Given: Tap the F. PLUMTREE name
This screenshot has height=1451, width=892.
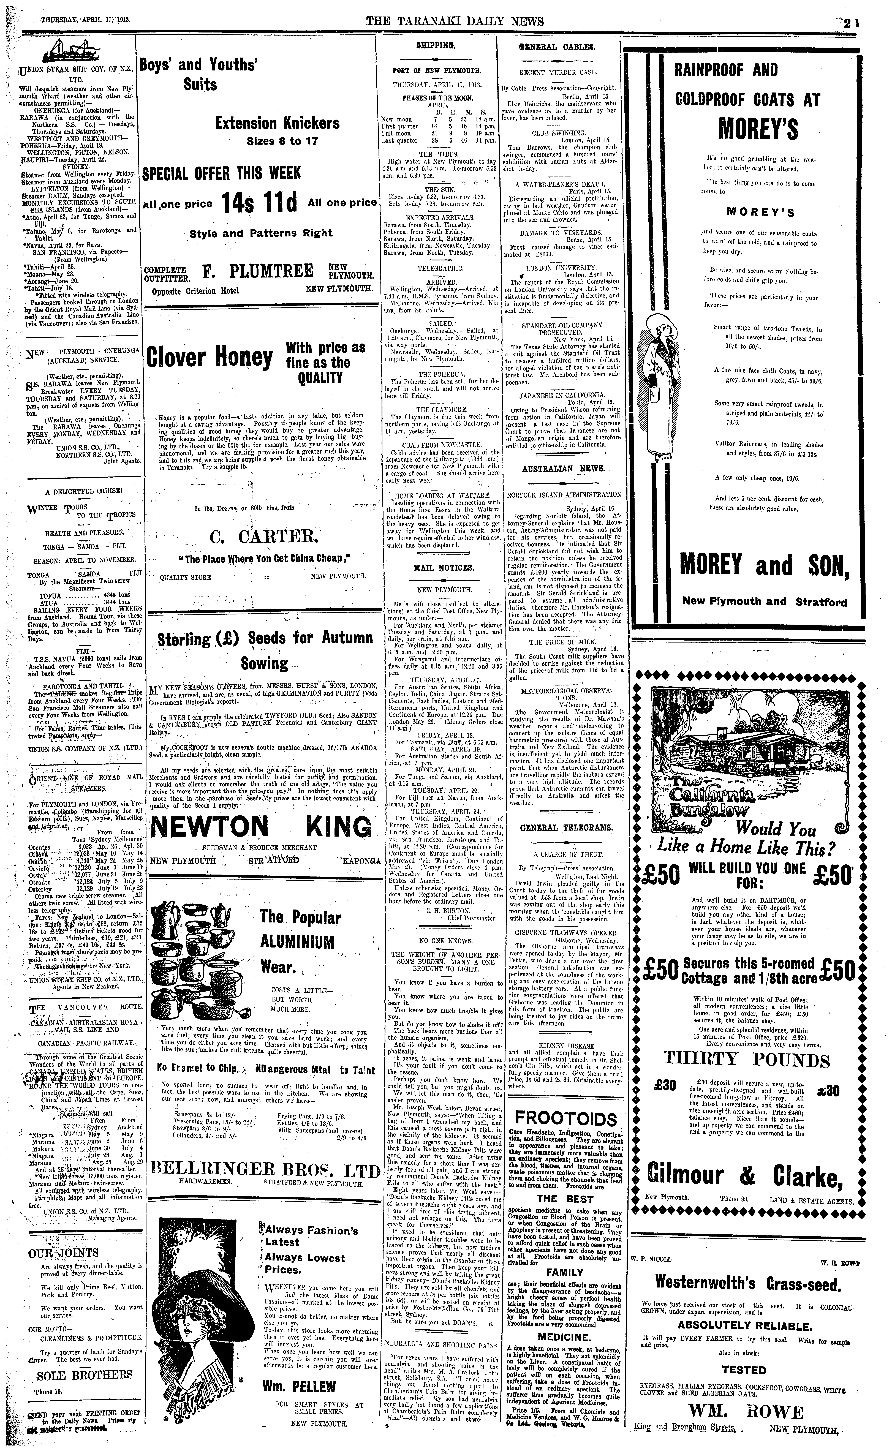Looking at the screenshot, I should click(x=258, y=272).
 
